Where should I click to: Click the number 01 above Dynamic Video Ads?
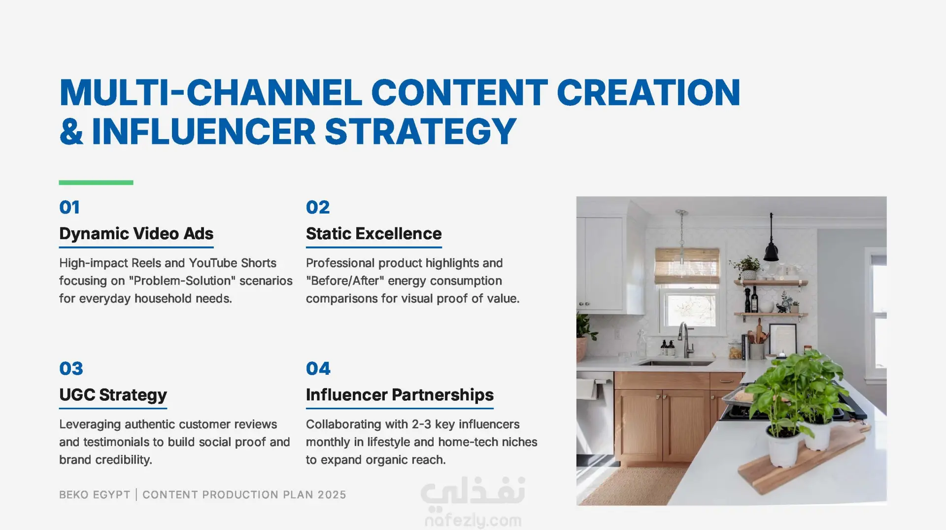69,208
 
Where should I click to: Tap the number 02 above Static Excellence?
318,208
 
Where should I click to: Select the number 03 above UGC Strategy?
71,369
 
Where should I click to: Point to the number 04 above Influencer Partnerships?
318,369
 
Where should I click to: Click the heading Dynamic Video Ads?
136,234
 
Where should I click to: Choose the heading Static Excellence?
373,234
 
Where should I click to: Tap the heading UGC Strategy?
113,395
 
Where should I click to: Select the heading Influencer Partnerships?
400,395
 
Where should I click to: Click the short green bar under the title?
96,182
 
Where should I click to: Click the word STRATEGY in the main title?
420,132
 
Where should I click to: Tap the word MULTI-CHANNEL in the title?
211,93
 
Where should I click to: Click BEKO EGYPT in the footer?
95,495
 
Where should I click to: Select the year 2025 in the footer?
332,495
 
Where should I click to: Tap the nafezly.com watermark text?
473,520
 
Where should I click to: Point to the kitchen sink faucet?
685,340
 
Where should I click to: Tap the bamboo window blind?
687,267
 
